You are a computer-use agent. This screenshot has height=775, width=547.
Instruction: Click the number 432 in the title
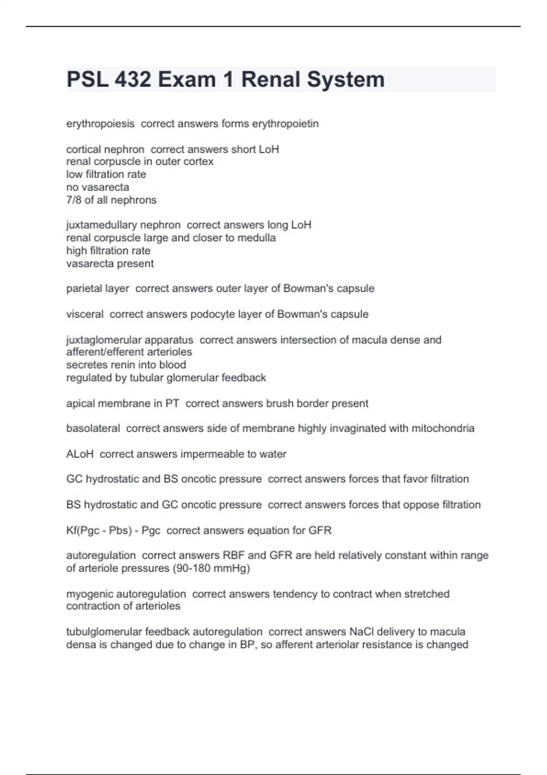pyautogui.click(x=133, y=79)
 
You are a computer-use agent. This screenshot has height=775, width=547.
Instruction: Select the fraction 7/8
pyautogui.click(x=74, y=200)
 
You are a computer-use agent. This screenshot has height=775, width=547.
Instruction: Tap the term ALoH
pyautogui.click(x=80, y=454)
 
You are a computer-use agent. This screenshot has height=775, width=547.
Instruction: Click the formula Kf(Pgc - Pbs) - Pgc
pyautogui.click(x=113, y=531)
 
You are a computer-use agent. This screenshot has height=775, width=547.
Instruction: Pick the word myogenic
pyautogui.click(x=88, y=594)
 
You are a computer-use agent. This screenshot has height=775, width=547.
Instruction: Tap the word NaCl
pyautogui.click(x=361, y=632)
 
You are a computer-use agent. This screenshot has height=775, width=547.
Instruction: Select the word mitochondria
pyautogui.click(x=443, y=429)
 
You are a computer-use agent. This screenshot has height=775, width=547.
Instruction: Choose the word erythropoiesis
pyautogui.click(x=100, y=124)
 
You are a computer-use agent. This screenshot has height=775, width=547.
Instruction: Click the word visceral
pyautogui.click(x=85, y=314)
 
